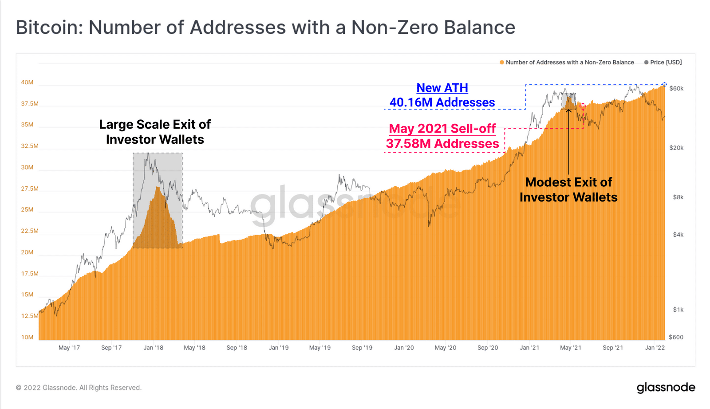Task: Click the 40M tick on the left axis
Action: (27, 83)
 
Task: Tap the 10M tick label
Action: (27, 337)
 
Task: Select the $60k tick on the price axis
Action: (676, 89)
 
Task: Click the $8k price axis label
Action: (678, 197)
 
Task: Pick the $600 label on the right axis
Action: (676, 337)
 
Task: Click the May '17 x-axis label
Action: (69, 348)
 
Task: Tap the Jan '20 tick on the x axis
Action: (404, 348)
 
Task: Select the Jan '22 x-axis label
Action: (655, 348)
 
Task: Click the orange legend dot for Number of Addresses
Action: (502, 63)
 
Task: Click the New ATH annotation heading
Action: (442, 88)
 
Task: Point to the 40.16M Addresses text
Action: (442, 102)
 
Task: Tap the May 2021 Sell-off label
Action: (442, 129)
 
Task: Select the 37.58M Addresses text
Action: (442, 144)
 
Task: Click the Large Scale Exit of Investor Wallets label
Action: (155, 132)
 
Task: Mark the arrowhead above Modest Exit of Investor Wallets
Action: (568, 110)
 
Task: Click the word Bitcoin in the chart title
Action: (47, 28)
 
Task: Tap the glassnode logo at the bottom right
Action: (666, 387)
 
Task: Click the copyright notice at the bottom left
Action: (79, 388)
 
